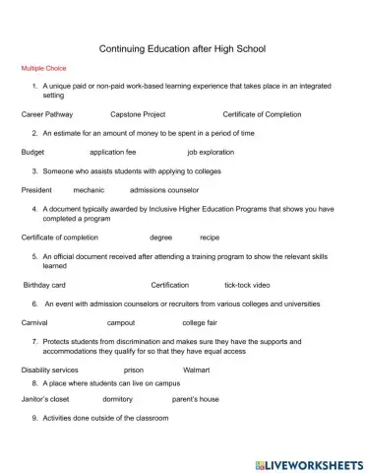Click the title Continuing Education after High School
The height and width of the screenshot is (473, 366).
point(183,48)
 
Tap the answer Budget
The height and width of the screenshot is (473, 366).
point(32,152)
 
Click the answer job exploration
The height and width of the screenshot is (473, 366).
point(213,152)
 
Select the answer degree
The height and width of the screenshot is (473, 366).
point(160,237)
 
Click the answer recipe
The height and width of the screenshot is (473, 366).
point(210,237)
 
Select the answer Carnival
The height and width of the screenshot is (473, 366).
point(34,322)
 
